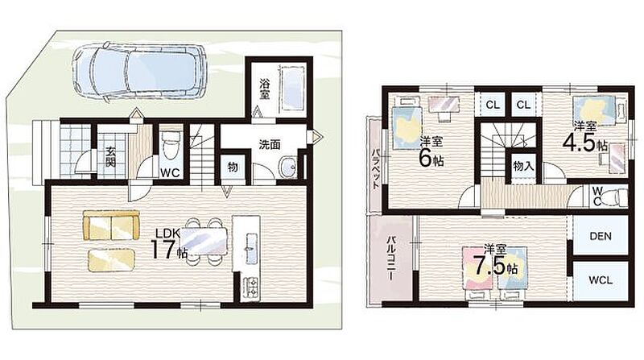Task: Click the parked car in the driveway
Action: tap(138, 72)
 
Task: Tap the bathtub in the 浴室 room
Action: tap(293, 89)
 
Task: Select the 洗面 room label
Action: tap(270, 144)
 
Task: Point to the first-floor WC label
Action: tap(170, 173)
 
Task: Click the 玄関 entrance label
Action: tap(109, 156)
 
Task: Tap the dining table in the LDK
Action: tap(204, 242)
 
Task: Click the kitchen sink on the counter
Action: tap(251, 247)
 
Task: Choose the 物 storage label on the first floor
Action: tap(233, 168)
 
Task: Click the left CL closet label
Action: tap(493, 105)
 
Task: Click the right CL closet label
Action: tap(523, 105)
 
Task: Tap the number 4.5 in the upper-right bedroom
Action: tap(580, 142)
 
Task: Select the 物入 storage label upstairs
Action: tap(523, 167)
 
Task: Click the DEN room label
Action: tap(600, 236)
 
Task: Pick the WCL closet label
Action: tap(601, 281)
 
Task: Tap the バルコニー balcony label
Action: tap(392, 258)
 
